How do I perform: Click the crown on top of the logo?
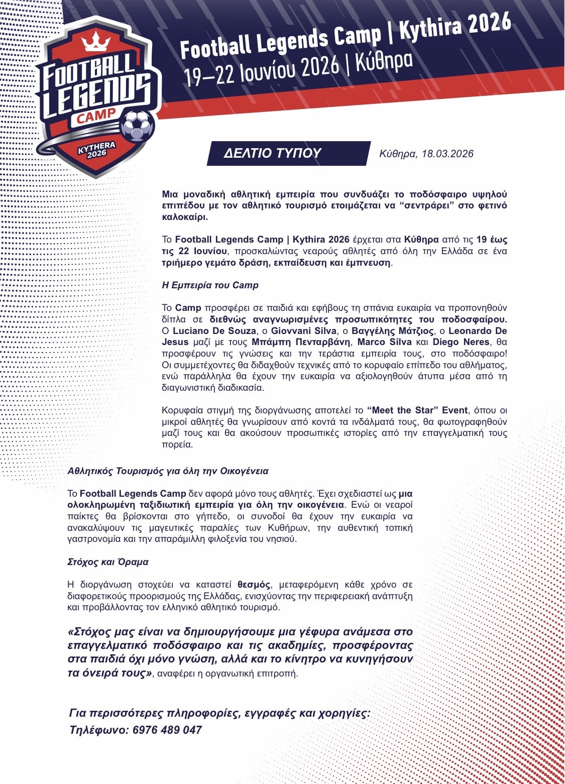pos(96,41)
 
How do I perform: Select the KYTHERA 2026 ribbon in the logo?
pos(96,150)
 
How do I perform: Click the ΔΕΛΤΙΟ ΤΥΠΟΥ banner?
pos(272,153)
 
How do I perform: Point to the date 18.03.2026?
pos(447,154)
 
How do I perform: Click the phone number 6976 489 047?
pos(167,730)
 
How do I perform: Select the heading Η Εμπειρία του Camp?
pos(210,285)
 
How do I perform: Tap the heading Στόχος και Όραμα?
pos(107,562)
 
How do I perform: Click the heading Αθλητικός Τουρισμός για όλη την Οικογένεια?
pos(168,471)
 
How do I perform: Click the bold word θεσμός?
pos(254,585)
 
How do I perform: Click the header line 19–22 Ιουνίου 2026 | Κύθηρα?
pos(298,70)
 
